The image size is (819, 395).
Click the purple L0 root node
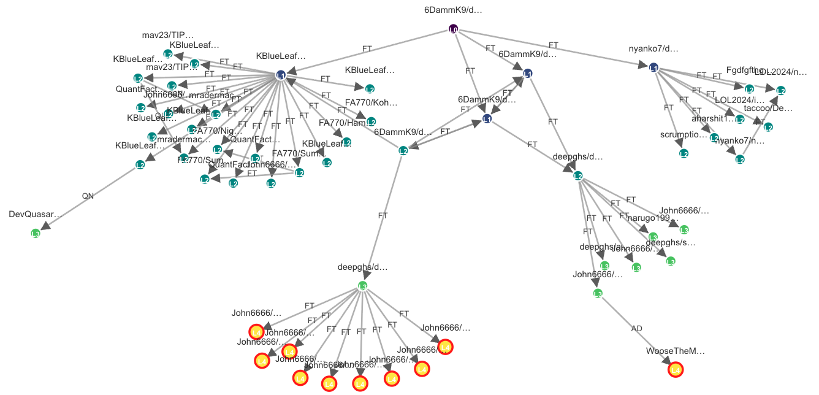453,29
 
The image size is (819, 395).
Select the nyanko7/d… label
653,48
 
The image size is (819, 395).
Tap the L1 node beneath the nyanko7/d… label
654,67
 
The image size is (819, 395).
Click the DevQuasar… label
36,214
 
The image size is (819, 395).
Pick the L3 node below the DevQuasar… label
36,233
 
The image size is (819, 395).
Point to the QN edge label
88,196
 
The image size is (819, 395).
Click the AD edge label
637,329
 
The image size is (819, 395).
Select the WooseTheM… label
676,351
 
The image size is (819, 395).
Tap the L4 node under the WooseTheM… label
676,369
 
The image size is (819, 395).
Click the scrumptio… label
684,134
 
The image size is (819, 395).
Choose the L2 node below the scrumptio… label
684,153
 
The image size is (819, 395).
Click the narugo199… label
653,218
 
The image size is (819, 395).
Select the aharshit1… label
713,118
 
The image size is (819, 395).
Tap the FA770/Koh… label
371,102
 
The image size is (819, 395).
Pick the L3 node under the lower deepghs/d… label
362,286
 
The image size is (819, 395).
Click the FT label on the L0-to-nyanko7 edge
554,45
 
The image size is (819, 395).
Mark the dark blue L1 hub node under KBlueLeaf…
281,75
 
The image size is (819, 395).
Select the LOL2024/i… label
740,100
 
